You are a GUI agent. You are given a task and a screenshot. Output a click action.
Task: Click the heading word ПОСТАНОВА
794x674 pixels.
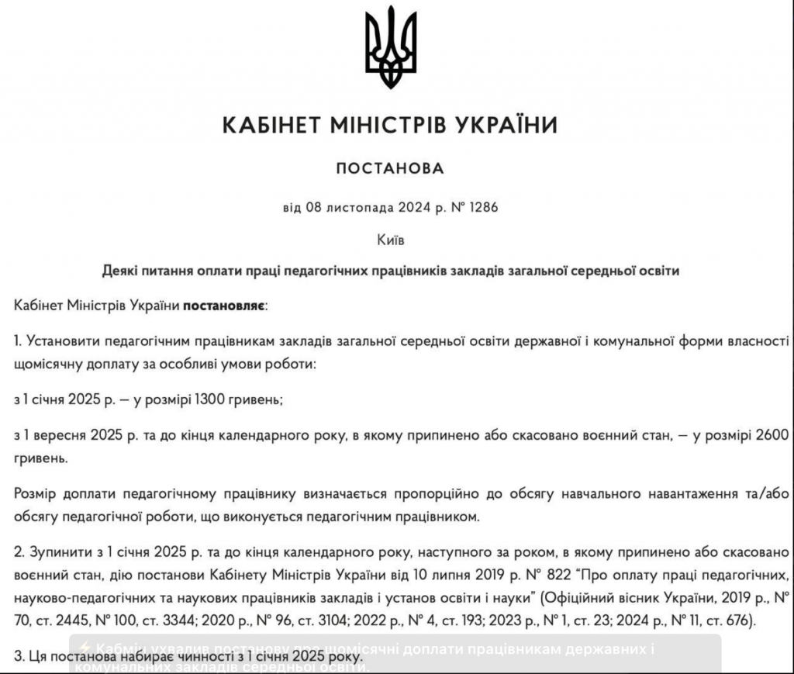pyautogui.click(x=390, y=168)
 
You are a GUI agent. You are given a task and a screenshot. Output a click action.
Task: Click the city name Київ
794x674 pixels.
pyautogui.click(x=390, y=240)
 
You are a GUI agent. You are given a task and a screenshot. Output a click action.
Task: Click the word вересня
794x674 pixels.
pyautogui.click(x=64, y=437)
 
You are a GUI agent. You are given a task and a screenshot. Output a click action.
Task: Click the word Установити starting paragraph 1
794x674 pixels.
pyautogui.click(x=62, y=341)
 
